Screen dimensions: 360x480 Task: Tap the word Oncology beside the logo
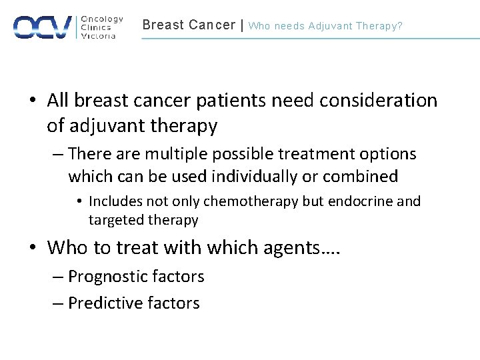pos(101,19)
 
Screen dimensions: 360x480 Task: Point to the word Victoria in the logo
pos(98,36)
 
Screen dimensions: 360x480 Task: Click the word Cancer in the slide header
pos(211,25)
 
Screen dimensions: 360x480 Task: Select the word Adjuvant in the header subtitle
pos(330,26)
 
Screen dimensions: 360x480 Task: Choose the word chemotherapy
pos(251,201)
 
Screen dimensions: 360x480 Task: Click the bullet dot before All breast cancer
pos(33,101)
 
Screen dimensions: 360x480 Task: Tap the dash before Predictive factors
pos(59,303)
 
